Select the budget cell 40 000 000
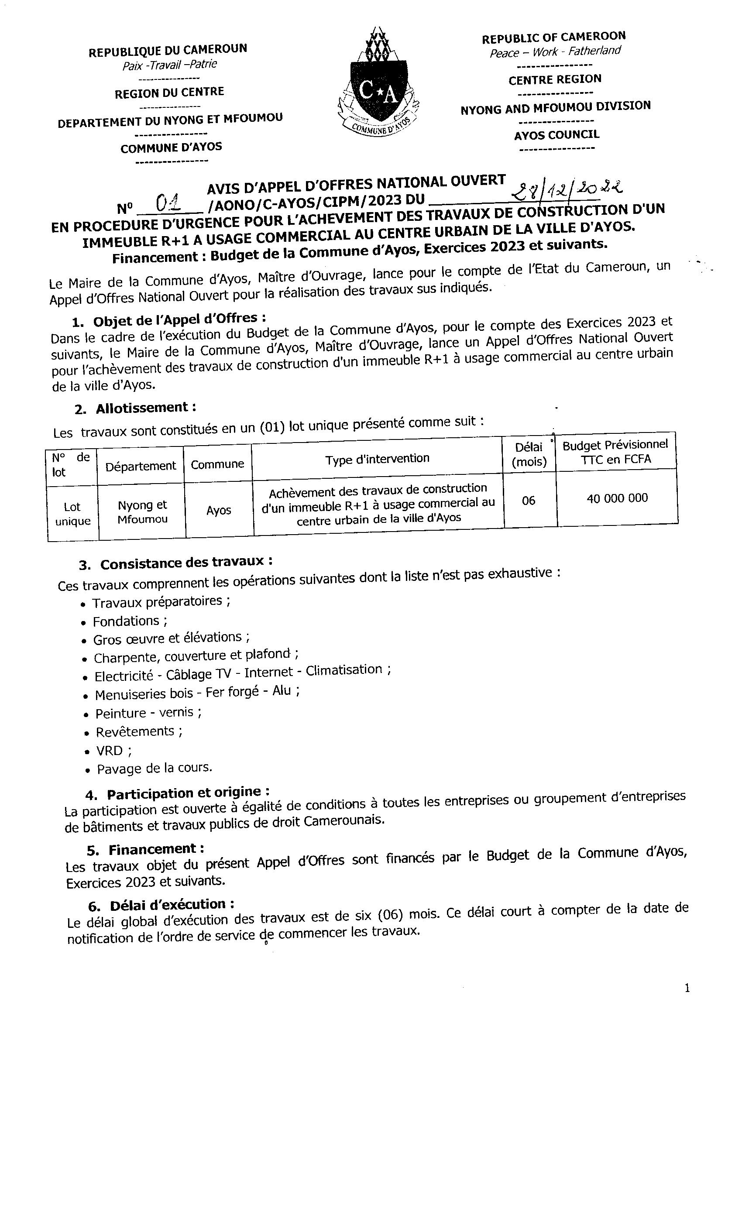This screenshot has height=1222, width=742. pyautogui.click(x=617, y=498)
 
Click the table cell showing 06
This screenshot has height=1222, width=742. pyautogui.click(x=528, y=501)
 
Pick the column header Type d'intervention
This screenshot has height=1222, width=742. pyautogui.click(x=377, y=459)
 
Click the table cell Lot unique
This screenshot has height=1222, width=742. pyautogui.click(x=72, y=514)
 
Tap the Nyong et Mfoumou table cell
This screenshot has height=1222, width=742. pyautogui.click(x=142, y=512)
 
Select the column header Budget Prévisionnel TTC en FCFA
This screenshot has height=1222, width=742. pyautogui.click(x=615, y=452)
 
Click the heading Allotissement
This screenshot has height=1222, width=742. pyautogui.click(x=145, y=408)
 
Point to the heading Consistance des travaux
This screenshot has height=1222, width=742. pyautogui.click(x=186, y=563)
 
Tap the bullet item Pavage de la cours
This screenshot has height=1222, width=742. pyautogui.click(x=154, y=768)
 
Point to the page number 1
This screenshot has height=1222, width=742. pyautogui.click(x=687, y=989)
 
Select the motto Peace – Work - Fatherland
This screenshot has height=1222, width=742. pyautogui.click(x=555, y=51)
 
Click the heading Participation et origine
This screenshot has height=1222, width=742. pyautogui.click(x=189, y=793)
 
